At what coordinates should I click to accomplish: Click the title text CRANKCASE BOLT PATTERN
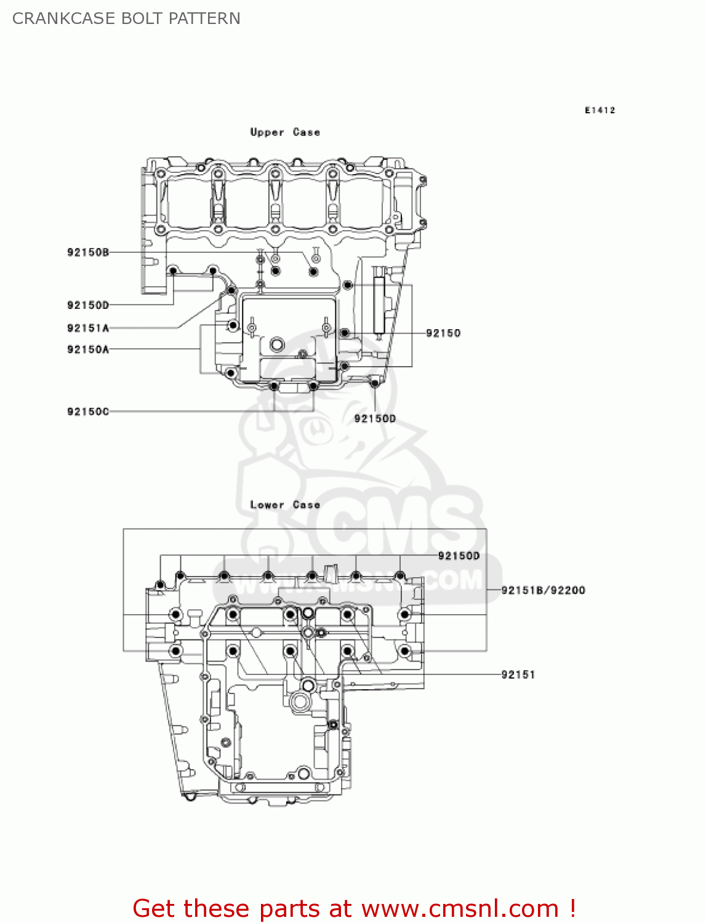coord(126,18)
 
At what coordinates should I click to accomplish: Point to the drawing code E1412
coord(600,110)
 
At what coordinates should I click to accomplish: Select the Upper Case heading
coord(285,132)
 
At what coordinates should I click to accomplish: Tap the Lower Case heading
coord(285,505)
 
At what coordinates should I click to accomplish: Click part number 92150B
coord(88,252)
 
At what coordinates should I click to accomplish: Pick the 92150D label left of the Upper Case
coord(88,305)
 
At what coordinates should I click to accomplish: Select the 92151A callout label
coord(88,329)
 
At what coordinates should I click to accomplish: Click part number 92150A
coord(88,350)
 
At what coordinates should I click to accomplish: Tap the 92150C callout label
coord(88,412)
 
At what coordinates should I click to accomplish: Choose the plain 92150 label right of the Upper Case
coord(443,334)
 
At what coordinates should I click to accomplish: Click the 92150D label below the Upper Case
coord(375,419)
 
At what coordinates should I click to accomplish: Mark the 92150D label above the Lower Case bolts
coord(459,556)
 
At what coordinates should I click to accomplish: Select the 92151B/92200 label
coord(543,591)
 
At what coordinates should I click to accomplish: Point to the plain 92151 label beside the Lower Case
coord(518,675)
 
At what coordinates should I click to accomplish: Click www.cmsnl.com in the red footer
coord(460,909)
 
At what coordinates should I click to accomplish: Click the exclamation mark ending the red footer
coord(572,909)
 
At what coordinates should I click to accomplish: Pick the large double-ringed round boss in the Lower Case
coord(301,701)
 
